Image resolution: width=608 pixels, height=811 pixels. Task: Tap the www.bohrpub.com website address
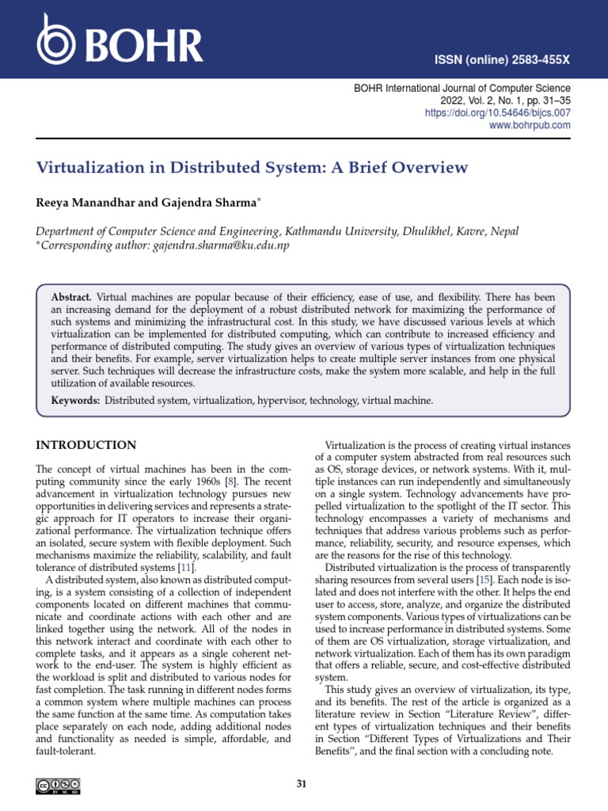(x=530, y=125)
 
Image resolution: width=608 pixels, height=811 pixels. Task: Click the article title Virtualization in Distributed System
(x=252, y=168)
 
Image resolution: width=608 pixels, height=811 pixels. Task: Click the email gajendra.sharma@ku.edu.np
(x=220, y=246)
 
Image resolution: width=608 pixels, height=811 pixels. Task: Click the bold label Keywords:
(x=76, y=401)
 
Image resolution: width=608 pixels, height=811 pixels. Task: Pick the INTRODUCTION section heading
(x=86, y=445)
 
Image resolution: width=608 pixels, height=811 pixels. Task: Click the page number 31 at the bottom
(x=302, y=785)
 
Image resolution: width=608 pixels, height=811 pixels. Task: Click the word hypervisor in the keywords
(x=279, y=401)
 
